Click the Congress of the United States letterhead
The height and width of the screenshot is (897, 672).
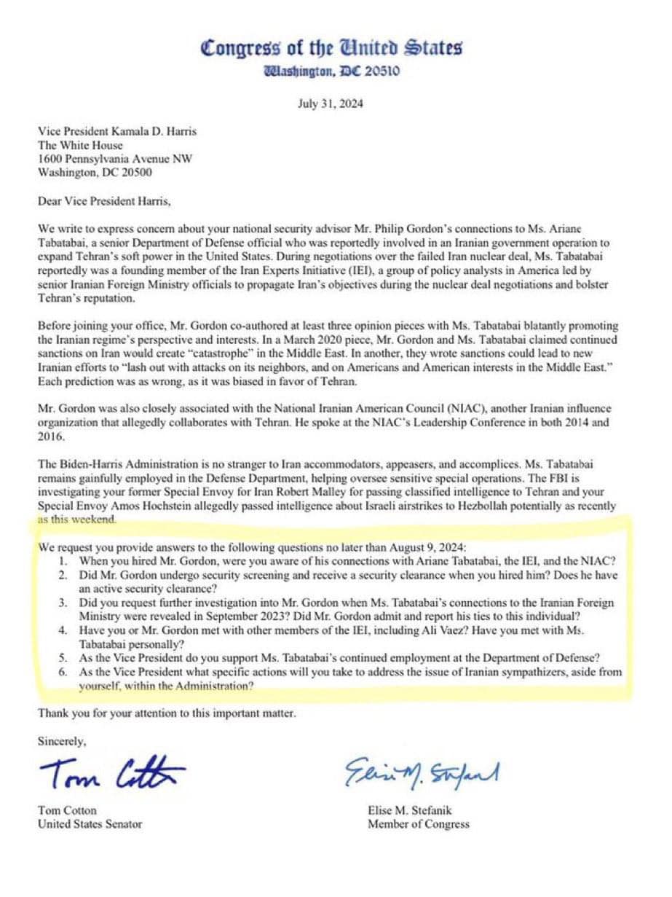[x=331, y=49]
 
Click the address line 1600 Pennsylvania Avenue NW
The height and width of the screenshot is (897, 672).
[x=115, y=160]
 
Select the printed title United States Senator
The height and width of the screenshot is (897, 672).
[x=90, y=824]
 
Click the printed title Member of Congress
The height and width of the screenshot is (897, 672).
[x=418, y=824]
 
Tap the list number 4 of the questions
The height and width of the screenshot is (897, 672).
[x=64, y=629]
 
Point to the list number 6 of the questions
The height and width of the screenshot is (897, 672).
[x=64, y=672]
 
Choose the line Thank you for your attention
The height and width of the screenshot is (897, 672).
[x=167, y=713]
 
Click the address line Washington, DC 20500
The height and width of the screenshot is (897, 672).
[x=95, y=173]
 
